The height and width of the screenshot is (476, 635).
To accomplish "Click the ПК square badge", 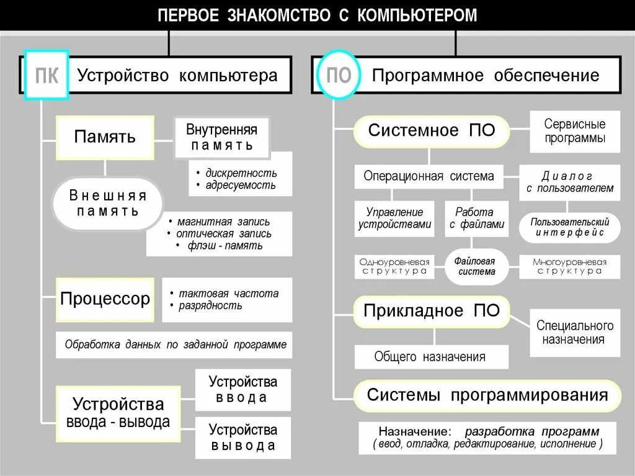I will coord(46,76).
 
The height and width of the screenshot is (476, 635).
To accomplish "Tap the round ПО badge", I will coord(339,76).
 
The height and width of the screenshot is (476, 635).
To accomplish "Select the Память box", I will coord(105,137).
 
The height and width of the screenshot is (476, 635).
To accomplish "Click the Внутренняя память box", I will coord(221,137).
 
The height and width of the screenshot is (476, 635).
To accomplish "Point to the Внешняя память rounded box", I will coord(108,204).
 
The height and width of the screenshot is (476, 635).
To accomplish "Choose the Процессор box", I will coord(105,299).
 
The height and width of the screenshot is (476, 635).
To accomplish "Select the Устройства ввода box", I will coord(242,389).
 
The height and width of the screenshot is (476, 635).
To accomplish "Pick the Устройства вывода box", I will coord(242,437).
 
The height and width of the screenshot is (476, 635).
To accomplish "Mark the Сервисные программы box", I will coord(575,132).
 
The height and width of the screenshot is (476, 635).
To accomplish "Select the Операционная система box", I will coord(429,176).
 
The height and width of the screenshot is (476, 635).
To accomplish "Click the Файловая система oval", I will coord(476,267).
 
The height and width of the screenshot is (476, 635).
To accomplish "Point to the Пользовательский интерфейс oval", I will coord(569,228).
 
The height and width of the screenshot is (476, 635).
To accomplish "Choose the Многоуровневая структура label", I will coord(569,266).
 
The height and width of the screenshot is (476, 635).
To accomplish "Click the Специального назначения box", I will coord(575,333).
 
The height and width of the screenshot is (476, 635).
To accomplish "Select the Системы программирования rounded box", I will coord(487,396).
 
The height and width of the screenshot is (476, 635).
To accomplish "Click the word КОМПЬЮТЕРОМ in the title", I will coord(417,16).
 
